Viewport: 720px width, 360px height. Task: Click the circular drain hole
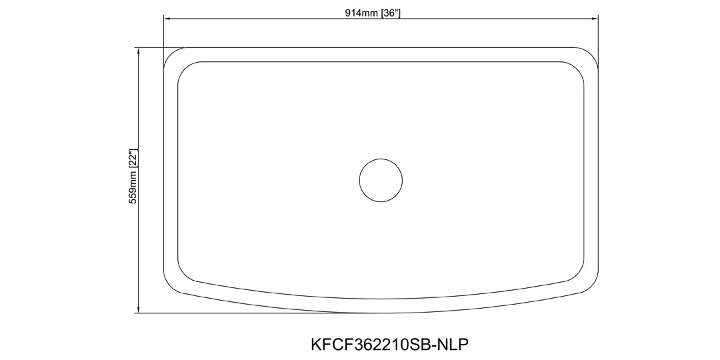point(381,180)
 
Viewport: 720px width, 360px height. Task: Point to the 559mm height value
point(133,187)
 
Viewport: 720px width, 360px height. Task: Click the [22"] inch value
point(133,159)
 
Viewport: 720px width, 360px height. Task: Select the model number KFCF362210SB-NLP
point(390,345)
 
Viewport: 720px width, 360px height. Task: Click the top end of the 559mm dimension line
point(138,48)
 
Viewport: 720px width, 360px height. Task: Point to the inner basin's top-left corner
point(184,68)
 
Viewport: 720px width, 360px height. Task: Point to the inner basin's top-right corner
point(578,68)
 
